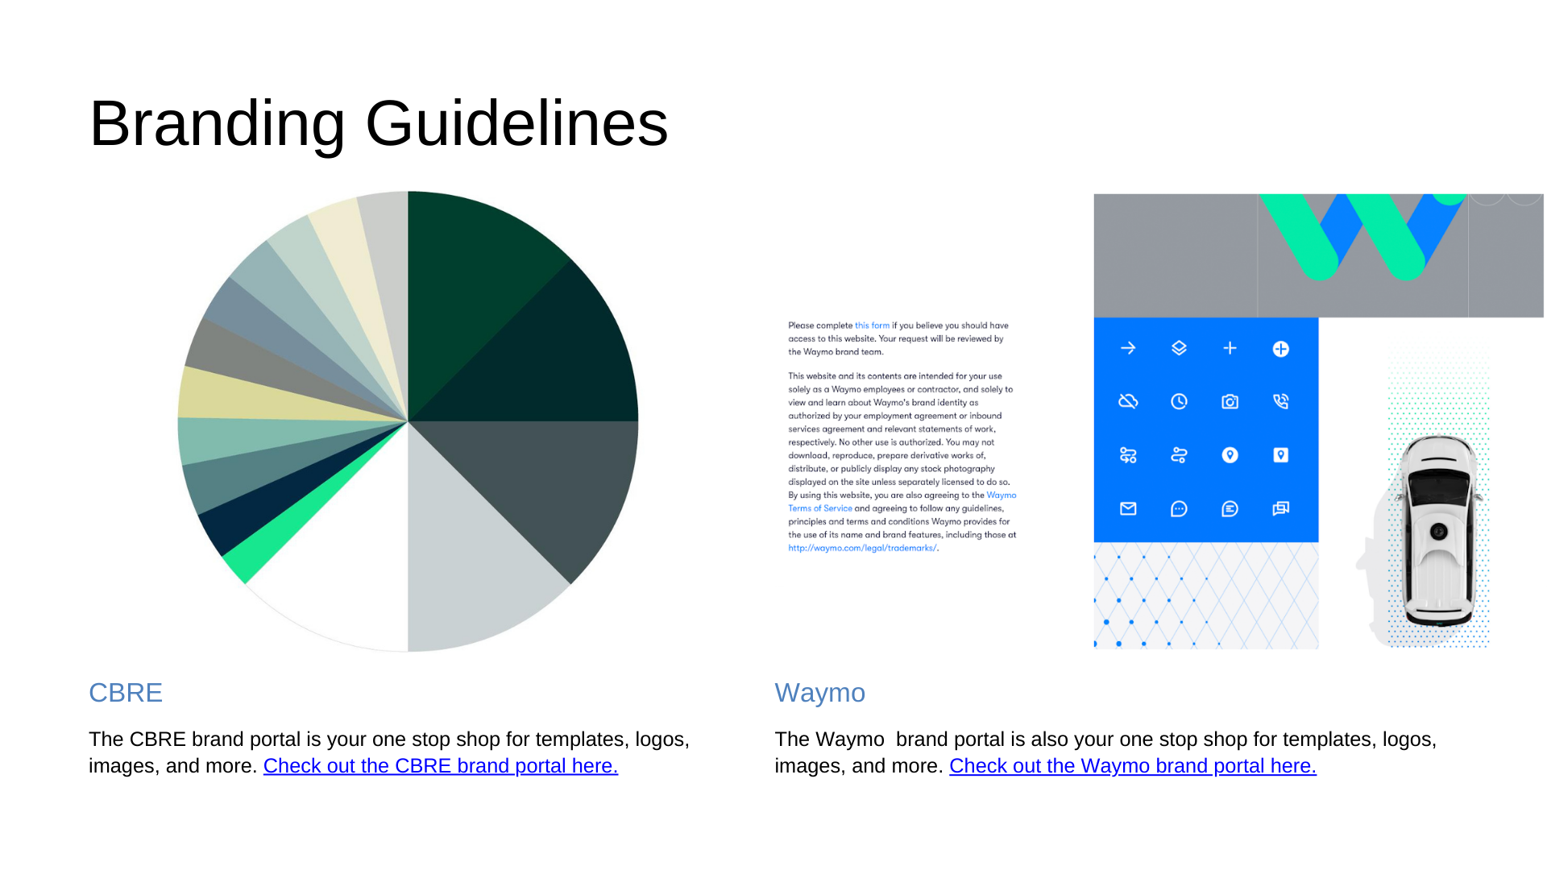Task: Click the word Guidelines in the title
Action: (x=516, y=122)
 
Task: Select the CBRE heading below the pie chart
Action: (x=126, y=693)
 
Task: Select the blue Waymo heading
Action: (x=819, y=693)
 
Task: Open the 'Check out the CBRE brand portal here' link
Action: (x=441, y=766)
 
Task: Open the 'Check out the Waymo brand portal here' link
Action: (x=1133, y=766)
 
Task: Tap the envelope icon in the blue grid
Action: (x=1128, y=508)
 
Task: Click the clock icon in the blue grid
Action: (x=1179, y=401)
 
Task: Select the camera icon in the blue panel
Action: (x=1230, y=401)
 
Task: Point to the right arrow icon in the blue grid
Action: (x=1128, y=348)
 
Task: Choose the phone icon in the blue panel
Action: (x=1280, y=401)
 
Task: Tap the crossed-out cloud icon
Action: (x=1128, y=401)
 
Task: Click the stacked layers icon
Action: (x=1179, y=348)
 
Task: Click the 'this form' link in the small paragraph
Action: (x=872, y=325)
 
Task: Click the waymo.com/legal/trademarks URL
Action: (x=862, y=548)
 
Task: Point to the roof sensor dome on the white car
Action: (x=1438, y=531)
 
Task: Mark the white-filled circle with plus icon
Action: (x=1280, y=349)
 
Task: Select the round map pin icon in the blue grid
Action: (x=1230, y=455)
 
